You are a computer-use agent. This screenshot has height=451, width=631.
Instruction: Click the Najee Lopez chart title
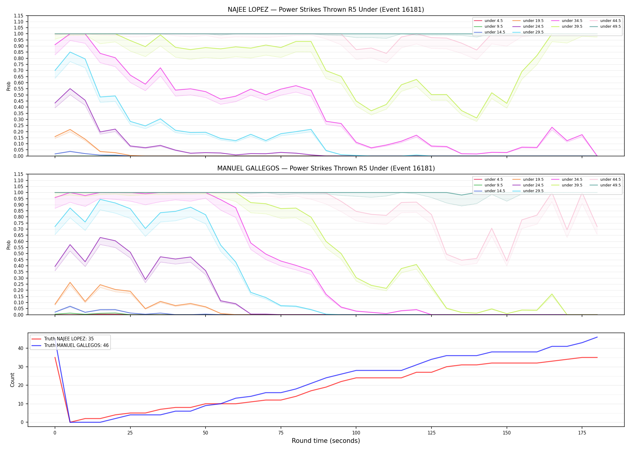coord(326,10)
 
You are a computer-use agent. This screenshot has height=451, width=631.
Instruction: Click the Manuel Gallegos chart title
coord(326,168)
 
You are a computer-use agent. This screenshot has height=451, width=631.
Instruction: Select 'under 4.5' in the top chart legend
coord(493,21)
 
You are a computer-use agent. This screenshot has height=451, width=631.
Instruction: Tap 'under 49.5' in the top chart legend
coord(610,26)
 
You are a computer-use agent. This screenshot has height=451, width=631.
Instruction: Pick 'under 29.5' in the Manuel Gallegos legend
coord(533,191)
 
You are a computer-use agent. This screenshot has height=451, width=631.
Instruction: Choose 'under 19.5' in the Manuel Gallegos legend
coord(533,179)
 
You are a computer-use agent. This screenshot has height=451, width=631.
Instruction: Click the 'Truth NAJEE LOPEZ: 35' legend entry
coord(69,339)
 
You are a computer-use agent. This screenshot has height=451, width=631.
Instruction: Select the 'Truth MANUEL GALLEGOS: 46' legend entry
coord(76,345)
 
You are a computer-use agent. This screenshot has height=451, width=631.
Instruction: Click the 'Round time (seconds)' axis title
coord(326,441)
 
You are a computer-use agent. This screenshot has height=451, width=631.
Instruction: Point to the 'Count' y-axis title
coord(12,380)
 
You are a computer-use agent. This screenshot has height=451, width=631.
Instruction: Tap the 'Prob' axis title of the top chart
coord(9,86)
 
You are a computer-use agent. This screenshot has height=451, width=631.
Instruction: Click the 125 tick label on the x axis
coord(431,433)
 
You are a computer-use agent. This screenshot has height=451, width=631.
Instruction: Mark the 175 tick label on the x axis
coord(582,433)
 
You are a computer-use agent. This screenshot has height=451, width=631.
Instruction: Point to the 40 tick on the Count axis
coord(21,348)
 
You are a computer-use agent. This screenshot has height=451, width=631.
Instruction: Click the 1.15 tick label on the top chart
coord(18,16)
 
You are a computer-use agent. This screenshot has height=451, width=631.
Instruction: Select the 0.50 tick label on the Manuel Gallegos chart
coord(18,253)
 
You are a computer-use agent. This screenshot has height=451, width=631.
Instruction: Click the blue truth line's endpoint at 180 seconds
coord(597,337)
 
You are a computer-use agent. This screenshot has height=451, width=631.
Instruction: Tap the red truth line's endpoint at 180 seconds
coord(597,357)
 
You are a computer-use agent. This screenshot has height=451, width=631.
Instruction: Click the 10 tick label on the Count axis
coord(21,404)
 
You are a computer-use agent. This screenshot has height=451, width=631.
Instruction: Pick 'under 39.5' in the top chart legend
coord(572,26)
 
